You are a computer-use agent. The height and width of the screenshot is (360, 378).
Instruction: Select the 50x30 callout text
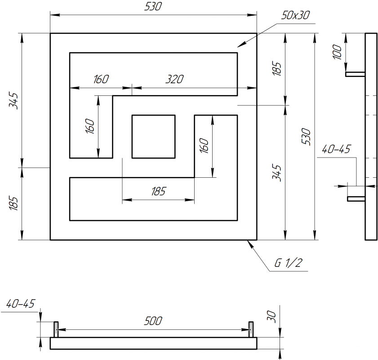coord(295,16)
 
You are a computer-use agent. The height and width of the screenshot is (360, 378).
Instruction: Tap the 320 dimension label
coord(174,80)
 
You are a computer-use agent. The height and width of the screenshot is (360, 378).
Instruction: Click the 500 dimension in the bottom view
coord(153,321)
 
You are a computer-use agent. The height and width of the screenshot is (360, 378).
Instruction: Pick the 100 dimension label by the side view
coord(338,52)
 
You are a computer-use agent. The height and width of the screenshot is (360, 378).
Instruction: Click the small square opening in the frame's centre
coord(153,137)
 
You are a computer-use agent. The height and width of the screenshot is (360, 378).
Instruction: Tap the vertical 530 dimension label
coord(307,136)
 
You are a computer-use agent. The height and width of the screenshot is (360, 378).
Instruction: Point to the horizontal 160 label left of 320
coord(101,80)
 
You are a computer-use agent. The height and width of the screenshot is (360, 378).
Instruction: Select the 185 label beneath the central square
coord(158,191)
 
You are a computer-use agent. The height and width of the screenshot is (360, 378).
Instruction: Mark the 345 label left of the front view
coord(14,101)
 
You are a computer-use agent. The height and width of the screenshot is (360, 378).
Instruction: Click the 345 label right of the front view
coord(277,172)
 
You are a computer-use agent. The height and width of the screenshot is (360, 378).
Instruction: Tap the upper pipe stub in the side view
coord(355,74)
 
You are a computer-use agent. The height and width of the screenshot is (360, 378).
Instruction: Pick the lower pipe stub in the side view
coord(356,198)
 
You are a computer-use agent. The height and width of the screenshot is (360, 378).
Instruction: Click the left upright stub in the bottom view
coord(57,329)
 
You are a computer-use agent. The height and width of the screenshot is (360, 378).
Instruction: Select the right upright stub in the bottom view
coord(251,329)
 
